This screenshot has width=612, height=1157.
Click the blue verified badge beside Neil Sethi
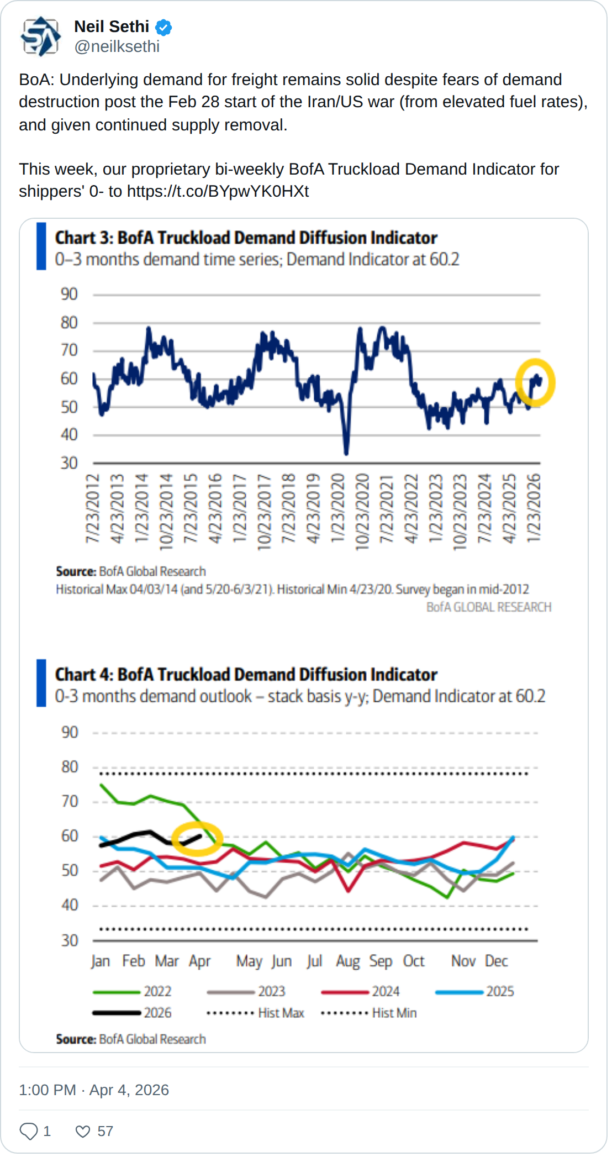pyautogui.click(x=163, y=27)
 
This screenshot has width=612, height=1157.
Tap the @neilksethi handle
pyautogui.click(x=117, y=47)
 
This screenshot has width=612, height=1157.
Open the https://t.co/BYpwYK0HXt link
pyautogui.click(x=218, y=191)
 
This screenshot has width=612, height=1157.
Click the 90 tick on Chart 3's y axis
pyautogui.click(x=69, y=294)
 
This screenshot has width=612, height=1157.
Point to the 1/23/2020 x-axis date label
pyautogui.click(x=337, y=508)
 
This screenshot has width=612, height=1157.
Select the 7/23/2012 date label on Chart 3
pyautogui.click(x=92, y=508)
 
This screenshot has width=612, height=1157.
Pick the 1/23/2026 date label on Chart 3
pyautogui.click(x=534, y=508)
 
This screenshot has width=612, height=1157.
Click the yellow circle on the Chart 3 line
pyautogui.click(x=535, y=382)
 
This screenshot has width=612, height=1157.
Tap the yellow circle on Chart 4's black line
pyautogui.click(x=197, y=838)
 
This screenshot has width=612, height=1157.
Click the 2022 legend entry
pyautogui.click(x=133, y=992)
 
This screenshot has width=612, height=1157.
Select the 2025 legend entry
pyautogui.click(x=475, y=992)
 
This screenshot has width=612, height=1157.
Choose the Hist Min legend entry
pyautogui.click(x=369, y=1013)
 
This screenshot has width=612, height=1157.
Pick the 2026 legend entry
pyautogui.click(x=133, y=1013)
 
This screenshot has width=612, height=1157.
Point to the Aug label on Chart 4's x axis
pyautogui.click(x=348, y=961)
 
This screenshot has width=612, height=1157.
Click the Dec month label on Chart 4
pyautogui.click(x=496, y=961)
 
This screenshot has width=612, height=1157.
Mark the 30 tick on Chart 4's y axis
pyautogui.click(x=70, y=940)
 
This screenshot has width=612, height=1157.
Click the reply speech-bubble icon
pyautogui.click(x=29, y=1132)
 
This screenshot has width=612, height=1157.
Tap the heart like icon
pyautogui.click(x=83, y=1132)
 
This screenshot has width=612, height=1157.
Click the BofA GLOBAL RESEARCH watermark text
pyautogui.click(x=489, y=607)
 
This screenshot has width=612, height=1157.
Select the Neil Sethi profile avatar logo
pyautogui.click(x=40, y=36)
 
